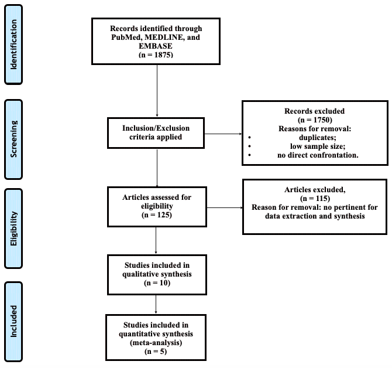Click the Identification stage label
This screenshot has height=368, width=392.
point(22,43)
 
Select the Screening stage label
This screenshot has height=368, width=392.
point(22,139)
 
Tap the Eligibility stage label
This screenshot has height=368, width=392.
point(22,228)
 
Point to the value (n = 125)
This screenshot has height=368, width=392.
point(157,215)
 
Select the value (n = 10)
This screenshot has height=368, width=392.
point(156,282)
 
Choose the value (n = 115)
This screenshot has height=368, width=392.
point(315,199)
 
